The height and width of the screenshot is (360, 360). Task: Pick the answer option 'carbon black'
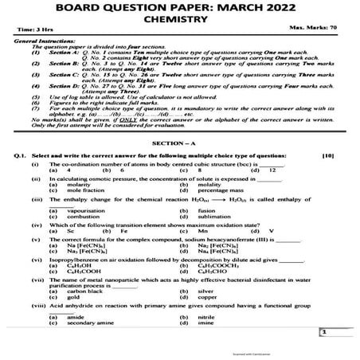pos(85,292)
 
